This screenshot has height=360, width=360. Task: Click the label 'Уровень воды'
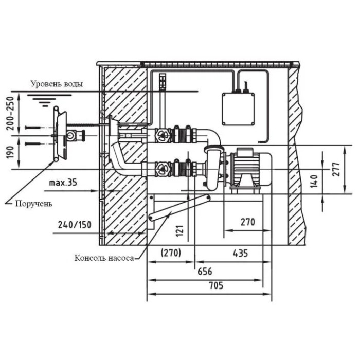coord(57,84)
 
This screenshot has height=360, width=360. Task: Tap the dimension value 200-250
coord(10,114)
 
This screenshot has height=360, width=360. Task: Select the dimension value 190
coord(10,152)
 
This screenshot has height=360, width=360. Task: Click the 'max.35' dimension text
coord(63,183)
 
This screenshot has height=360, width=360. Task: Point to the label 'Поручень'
coord(34,204)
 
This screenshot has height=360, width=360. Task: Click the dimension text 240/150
coord(75,225)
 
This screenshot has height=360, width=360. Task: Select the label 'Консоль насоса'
coord(104,258)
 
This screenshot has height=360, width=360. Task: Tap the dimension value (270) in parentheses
coord(171,253)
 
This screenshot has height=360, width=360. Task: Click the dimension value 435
coord(240,253)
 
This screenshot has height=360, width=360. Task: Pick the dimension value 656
coord(205,272)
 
